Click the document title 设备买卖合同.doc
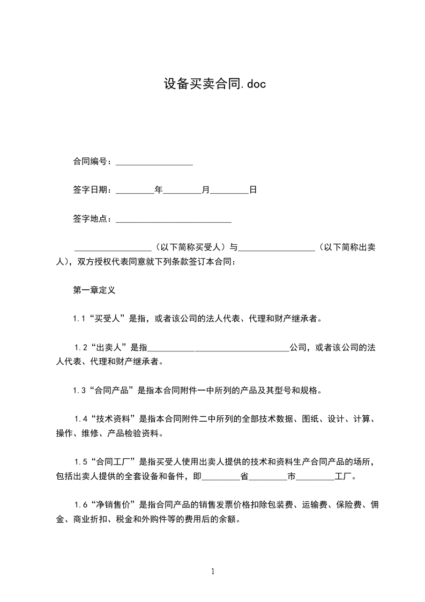(x=214, y=84)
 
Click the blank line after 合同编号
(x=154, y=161)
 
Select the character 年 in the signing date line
(x=158, y=190)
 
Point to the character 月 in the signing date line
(x=205, y=190)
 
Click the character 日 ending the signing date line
(x=253, y=190)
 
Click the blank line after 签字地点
(x=173, y=219)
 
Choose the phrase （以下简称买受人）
(x=191, y=247)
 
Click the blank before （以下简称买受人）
(x=113, y=248)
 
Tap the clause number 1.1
(x=80, y=319)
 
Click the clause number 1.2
(x=81, y=348)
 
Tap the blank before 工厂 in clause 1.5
(x=315, y=476)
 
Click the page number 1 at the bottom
(x=213, y=571)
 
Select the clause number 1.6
(x=81, y=504)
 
